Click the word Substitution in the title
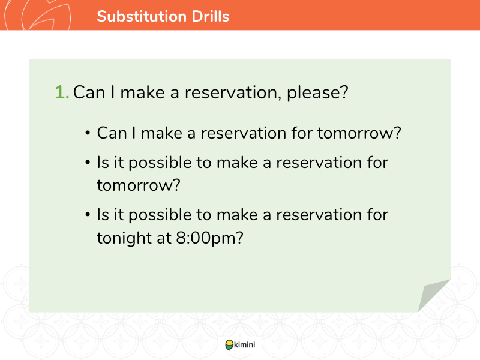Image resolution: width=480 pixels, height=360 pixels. [142, 16]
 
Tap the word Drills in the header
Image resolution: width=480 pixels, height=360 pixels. [211, 16]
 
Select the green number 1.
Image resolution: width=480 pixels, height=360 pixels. [62, 92]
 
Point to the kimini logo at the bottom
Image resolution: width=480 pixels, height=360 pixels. [240, 344]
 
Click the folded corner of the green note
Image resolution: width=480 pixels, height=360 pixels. [432, 294]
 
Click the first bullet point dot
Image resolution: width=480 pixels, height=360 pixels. [88, 133]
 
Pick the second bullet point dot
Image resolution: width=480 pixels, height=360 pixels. [88, 162]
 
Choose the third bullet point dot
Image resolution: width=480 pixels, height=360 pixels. [88, 215]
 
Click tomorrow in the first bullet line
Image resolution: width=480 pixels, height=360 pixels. [355, 133]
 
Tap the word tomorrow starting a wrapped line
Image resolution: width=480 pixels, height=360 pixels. [134, 185]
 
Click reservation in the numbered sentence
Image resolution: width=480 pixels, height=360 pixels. [231, 92]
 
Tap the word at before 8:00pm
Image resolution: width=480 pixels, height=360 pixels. [164, 238]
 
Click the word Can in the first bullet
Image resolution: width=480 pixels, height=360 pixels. [112, 133]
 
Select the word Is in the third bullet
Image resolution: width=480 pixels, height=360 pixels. [103, 215]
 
